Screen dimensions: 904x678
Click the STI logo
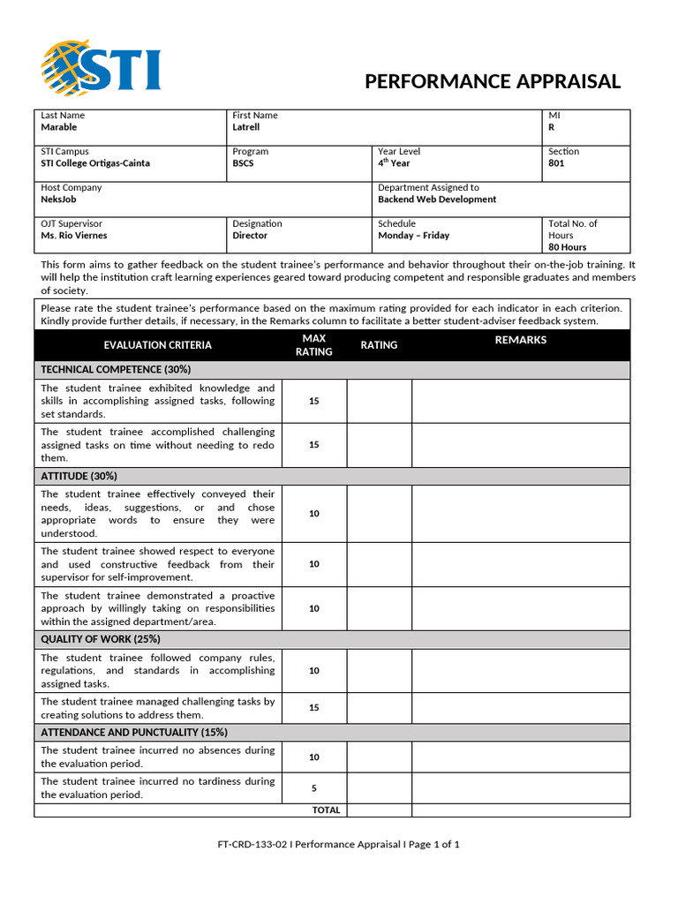pos(101,68)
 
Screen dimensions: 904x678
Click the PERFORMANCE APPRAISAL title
pos(493,82)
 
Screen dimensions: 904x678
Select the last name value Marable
pos(59,127)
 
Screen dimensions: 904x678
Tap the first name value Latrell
pos(245,127)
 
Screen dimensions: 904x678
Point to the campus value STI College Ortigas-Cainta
pos(95,163)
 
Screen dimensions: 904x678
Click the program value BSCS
pos(243,163)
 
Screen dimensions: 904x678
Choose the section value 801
pos(556,163)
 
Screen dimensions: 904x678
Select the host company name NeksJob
pos(59,200)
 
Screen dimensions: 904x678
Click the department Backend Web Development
pos(437,200)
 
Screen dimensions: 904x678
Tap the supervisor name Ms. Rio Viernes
pos(74,236)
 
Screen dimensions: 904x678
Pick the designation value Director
pos(251,236)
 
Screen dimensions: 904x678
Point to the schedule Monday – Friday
pos(413,236)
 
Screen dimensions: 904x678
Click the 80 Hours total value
pos(567,247)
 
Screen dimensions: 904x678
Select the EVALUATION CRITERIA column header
pos(157,345)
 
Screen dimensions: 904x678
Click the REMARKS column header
pos(521,340)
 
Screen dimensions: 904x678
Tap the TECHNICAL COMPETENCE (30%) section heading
pos(116,369)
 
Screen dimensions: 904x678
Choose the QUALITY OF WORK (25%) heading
pos(101,639)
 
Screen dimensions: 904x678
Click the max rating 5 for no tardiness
pos(314,788)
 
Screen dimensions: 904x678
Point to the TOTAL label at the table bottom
pos(326,810)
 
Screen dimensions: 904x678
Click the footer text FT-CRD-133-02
pos(252,844)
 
